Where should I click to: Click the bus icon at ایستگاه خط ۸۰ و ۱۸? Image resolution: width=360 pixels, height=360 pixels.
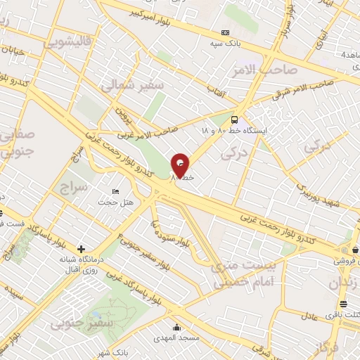tap(234, 120)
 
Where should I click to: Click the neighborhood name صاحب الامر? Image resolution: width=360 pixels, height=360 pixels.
tap(263, 70)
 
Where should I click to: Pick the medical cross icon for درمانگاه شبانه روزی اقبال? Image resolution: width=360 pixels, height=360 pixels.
tap(82, 249)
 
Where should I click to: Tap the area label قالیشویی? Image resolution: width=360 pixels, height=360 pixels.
tap(69, 42)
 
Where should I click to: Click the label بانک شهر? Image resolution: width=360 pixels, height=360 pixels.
tap(112, 352)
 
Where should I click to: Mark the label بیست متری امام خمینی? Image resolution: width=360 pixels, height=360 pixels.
tap(237, 275)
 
